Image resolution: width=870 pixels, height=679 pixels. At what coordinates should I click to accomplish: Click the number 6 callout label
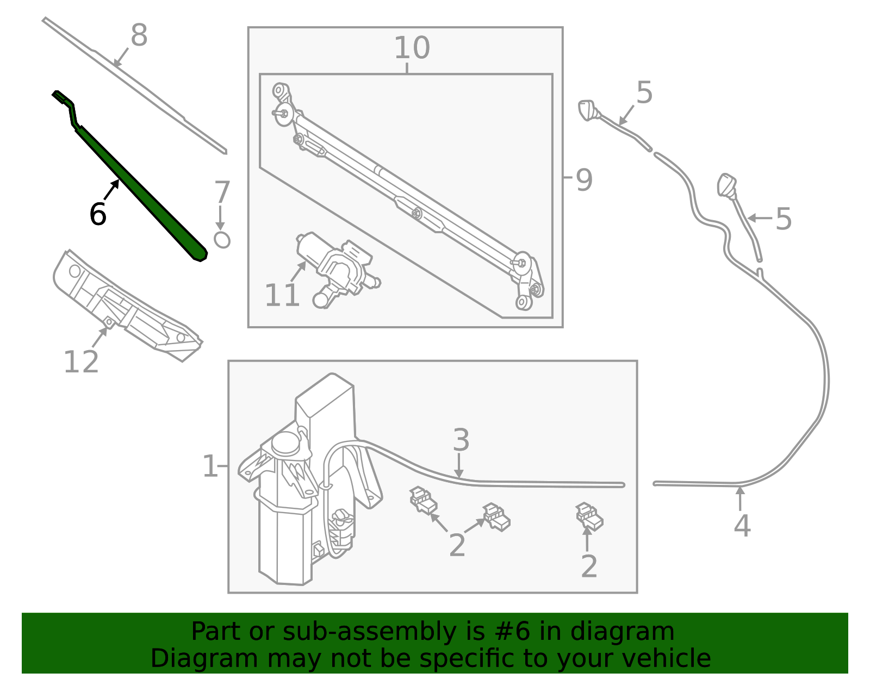point(98,214)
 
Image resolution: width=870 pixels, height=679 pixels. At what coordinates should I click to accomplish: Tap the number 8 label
point(139,35)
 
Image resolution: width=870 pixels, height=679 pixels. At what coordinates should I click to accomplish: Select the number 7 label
point(222,192)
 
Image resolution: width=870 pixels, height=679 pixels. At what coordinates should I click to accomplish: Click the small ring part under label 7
point(222,240)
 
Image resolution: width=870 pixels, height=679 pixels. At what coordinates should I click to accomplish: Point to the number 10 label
point(412,48)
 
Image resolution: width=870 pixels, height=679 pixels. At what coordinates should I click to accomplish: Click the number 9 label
point(584,180)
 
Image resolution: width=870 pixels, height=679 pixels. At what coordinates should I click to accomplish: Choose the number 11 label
point(282,295)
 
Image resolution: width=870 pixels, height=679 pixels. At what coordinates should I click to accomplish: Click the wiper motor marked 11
point(338,270)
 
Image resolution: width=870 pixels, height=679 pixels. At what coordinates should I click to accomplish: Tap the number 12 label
point(81,362)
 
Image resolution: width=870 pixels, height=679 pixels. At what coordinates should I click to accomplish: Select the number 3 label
point(461,440)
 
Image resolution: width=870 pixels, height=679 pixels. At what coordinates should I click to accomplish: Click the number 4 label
point(742,526)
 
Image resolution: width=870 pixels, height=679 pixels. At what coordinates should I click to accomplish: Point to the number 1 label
point(210,466)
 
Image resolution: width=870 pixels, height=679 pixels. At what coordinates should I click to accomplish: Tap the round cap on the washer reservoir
point(285,443)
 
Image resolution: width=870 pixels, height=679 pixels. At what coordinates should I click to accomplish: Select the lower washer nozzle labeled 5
point(727,185)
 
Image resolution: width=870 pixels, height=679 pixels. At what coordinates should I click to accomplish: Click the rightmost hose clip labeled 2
point(589,517)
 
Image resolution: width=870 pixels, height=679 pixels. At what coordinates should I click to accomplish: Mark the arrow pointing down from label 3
point(459,465)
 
